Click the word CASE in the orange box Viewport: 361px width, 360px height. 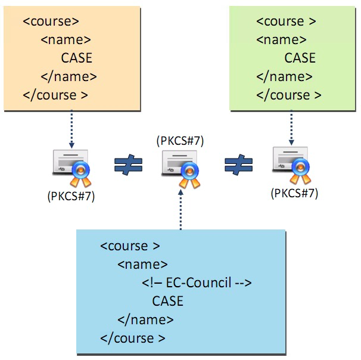tap(77, 58)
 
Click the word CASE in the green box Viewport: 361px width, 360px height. tap(300, 58)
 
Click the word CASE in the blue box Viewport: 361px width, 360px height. tap(167, 300)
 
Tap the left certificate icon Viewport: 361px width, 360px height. tap(71, 165)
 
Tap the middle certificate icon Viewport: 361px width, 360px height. tap(180, 165)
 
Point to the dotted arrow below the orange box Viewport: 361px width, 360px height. tap(71, 128)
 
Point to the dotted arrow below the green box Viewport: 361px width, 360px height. tap(291, 128)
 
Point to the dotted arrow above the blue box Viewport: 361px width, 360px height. tap(180, 209)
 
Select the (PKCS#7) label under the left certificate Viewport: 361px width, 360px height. tap(71, 196)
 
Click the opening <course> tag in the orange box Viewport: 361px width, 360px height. tap(51, 21)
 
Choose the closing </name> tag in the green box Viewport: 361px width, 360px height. tap(284, 76)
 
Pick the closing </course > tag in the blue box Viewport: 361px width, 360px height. tap(133, 338)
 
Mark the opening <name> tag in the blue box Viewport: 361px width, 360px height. tap(143, 263)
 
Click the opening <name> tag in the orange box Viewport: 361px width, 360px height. tap(66, 39)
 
